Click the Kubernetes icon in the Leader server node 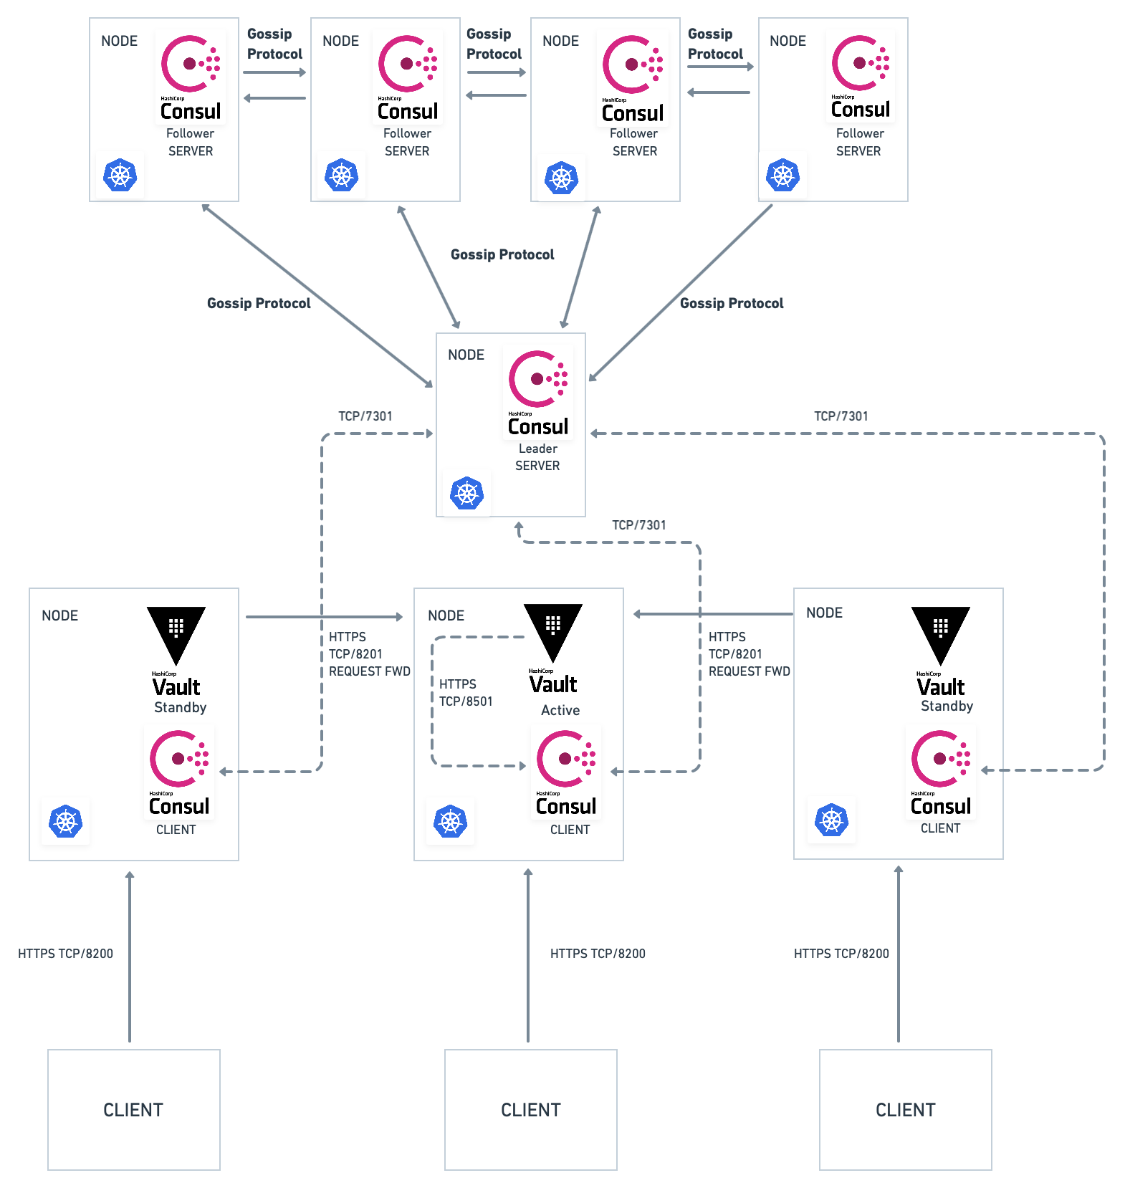467,494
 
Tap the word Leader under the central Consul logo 537,449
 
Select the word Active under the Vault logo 560,710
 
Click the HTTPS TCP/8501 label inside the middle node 466,693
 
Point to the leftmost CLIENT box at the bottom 133,1109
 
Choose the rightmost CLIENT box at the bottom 905,1109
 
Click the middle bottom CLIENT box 530,1109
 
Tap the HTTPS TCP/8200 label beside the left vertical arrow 65,954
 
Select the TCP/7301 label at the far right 841,416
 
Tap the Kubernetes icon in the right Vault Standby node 831,820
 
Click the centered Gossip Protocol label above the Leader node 502,254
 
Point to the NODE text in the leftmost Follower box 119,41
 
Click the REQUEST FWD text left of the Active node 370,671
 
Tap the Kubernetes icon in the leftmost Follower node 120,176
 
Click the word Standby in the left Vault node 180,707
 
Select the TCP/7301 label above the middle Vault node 638,525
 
